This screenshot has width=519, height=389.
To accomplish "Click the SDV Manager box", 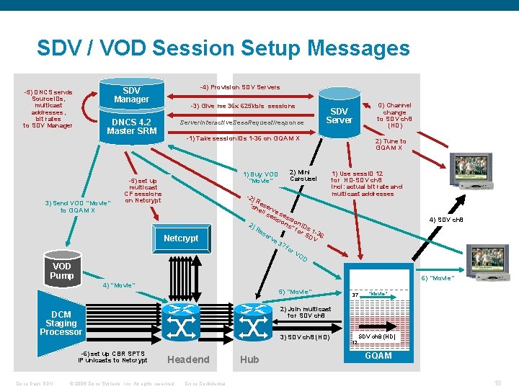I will tap(131, 94).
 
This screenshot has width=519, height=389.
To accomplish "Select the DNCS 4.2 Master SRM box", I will tap(131, 127).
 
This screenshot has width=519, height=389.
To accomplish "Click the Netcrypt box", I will tap(181, 238).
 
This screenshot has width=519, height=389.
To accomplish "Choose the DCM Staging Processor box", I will tap(61, 323).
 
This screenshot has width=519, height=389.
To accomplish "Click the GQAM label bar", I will tap(378, 356).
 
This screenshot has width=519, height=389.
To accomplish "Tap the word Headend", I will tap(188, 359).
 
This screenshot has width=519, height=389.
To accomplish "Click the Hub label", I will tap(249, 359).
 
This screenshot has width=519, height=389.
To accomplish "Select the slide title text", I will tap(223, 48).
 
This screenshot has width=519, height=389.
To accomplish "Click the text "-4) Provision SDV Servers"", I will tap(239, 87).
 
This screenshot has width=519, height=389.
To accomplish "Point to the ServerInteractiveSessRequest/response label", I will tap(241, 123).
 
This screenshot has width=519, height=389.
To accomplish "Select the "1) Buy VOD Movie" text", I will tap(261, 177).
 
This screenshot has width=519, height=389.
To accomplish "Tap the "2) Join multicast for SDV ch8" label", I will tap(305, 312).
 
